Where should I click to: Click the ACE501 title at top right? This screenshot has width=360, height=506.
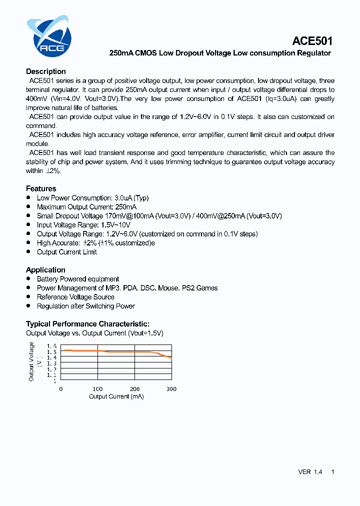coord(312,41)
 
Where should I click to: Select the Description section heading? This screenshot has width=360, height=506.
coord(46,71)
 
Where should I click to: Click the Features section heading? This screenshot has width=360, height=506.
coord(41,188)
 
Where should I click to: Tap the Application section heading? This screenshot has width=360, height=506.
coord(45,270)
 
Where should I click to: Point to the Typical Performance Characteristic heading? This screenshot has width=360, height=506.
coord(87,324)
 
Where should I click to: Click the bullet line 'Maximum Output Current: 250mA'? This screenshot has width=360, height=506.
coord(86,207)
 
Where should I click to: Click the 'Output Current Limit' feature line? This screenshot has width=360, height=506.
coord(67,252)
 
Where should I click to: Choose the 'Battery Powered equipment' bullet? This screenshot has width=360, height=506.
coord(78,279)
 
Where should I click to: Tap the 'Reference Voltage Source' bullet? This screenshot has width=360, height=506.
coord(75,297)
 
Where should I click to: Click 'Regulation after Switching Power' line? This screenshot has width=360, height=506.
coord(86,306)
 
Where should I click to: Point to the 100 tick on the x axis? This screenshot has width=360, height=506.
coord(97,389)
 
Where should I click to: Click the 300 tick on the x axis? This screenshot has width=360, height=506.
coord(171,389)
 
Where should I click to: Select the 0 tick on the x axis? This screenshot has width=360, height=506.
coord(61,389)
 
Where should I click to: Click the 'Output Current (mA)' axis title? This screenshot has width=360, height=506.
coord(116,396)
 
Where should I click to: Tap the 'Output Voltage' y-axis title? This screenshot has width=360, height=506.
coord(31,361)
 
